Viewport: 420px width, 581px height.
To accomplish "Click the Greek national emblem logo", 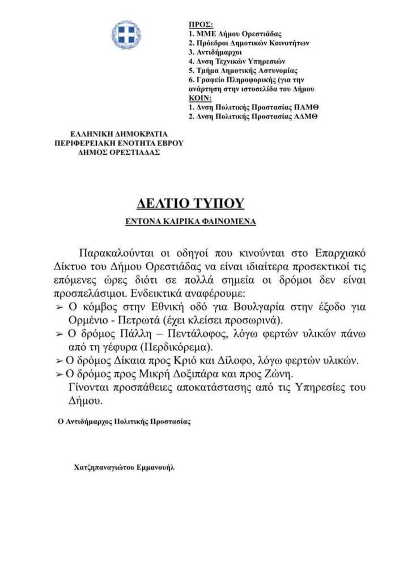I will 126,35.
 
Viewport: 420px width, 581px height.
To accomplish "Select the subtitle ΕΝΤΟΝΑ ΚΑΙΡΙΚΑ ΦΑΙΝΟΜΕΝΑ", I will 190,222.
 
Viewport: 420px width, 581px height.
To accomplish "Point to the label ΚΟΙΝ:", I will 198,98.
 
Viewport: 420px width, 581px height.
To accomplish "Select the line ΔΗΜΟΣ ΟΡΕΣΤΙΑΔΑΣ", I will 120,152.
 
